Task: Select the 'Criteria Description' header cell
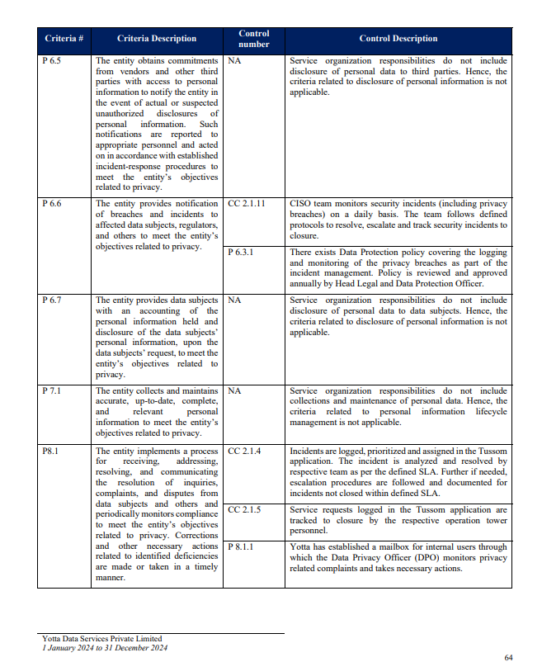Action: point(157,39)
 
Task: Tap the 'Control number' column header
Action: point(253,39)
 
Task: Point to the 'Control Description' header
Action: point(398,39)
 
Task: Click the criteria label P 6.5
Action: point(50,61)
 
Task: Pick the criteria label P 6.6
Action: point(50,203)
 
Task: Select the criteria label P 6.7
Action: point(50,301)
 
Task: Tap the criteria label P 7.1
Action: point(50,390)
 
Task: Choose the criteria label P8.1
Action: point(49,452)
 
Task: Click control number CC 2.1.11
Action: point(247,203)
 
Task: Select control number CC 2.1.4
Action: point(244,452)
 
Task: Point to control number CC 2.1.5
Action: point(244,510)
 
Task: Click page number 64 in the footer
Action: point(508,657)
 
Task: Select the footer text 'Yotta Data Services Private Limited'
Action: point(101,639)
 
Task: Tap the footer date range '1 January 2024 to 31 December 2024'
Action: point(105,648)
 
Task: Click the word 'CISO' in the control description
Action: point(300,203)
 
